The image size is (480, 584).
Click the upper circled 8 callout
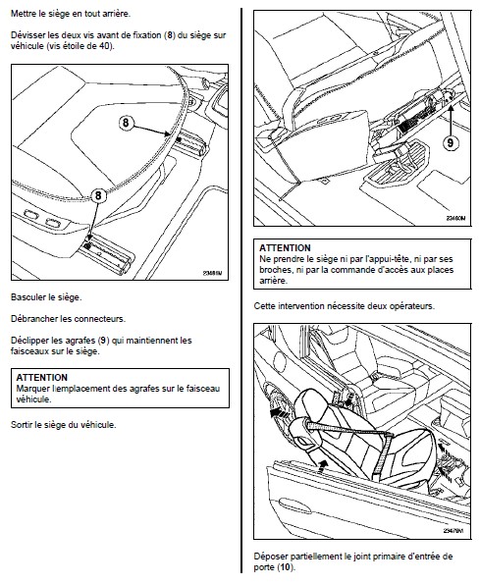[126, 123]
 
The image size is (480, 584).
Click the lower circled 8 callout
[98, 195]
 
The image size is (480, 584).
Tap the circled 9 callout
[451, 142]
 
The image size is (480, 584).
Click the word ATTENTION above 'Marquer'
[41, 377]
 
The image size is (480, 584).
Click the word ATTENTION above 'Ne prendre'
[285, 248]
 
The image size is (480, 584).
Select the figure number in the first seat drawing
[212, 274]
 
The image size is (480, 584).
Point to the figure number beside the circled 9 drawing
[455, 219]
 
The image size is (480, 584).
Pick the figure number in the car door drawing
[453, 531]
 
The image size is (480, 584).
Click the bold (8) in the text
[170, 35]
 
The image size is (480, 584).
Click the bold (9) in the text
[104, 341]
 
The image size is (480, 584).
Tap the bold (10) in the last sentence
[286, 567]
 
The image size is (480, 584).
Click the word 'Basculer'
[28, 297]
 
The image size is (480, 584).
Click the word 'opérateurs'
[412, 306]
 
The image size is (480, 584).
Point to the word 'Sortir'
[22, 425]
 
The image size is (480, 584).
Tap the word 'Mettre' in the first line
[24, 14]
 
